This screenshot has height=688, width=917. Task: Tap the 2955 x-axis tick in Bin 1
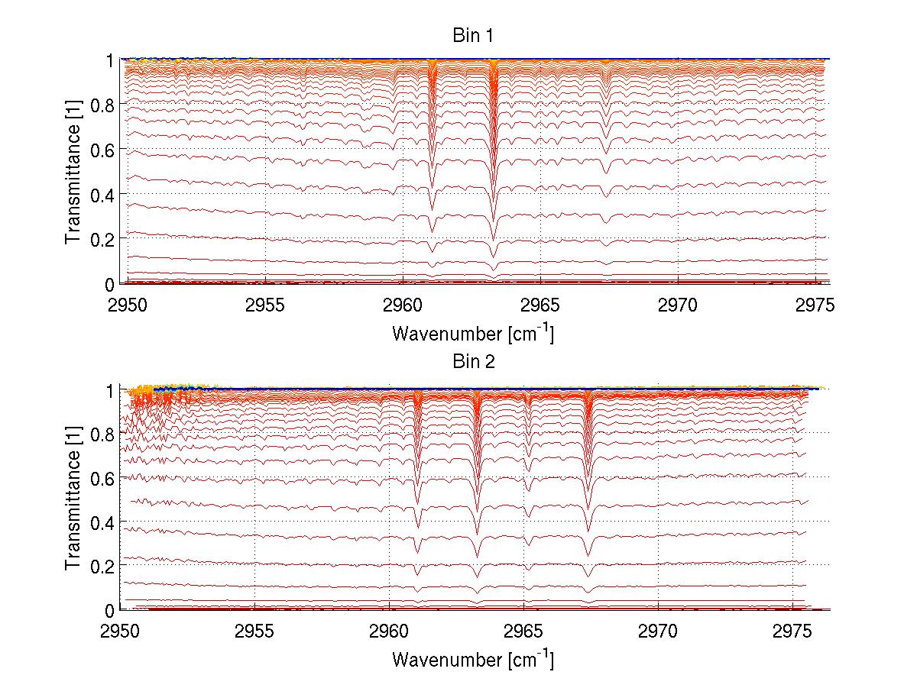click(x=265, y=305)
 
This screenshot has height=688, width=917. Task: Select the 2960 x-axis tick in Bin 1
click(x=403, y=305)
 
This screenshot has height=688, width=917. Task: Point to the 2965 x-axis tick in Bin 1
click(x=540, y=305)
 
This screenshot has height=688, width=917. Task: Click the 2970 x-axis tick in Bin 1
click(x=678, y=305)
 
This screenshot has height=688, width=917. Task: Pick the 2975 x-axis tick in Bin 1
click(x=815, y=305)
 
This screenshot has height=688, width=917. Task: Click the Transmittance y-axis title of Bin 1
click(x=73, y=171)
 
